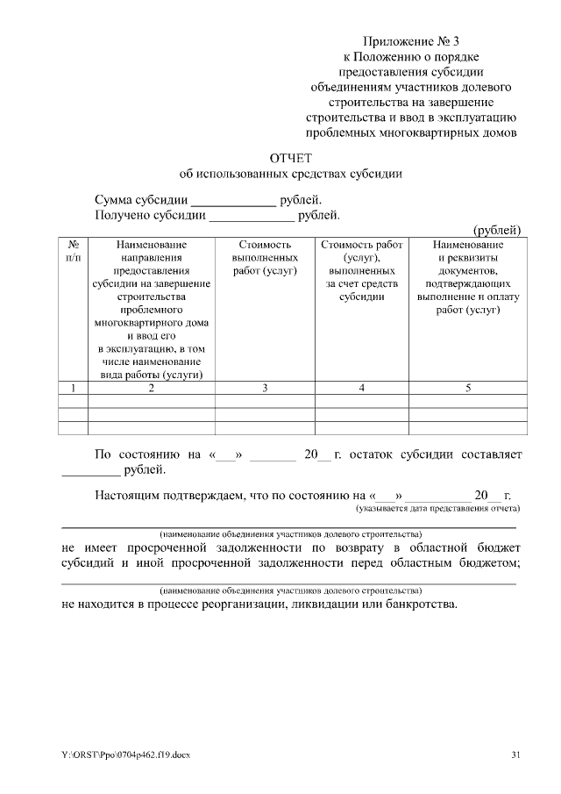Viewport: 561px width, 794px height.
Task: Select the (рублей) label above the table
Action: coord(497,230)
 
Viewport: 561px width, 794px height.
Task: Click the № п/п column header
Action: coord(74,251)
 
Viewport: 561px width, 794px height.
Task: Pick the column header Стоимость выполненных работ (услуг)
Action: coord(265,258)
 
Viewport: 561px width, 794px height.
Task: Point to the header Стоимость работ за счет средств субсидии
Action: coord(361,270)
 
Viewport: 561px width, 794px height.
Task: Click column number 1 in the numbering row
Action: coord(74,389)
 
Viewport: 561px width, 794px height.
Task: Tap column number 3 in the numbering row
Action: coord(265,389)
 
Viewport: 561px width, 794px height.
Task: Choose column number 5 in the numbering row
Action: coord(467,389)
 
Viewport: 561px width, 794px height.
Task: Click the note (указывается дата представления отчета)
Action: coord(437,508)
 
